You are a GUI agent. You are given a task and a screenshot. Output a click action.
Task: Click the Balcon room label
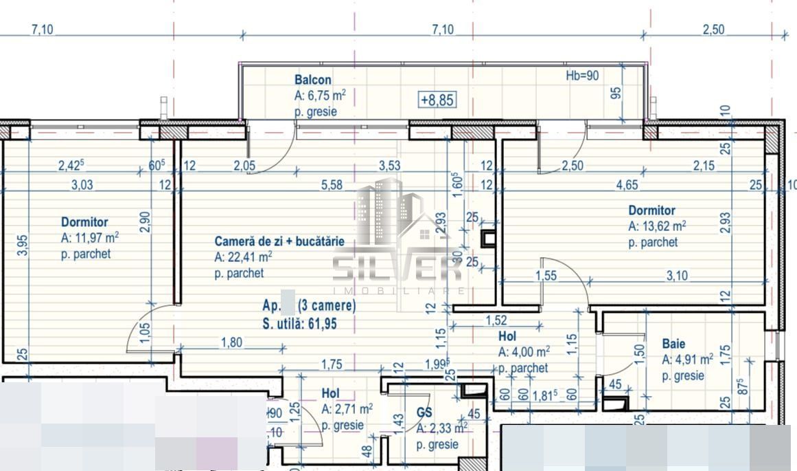click(x=313, y=80)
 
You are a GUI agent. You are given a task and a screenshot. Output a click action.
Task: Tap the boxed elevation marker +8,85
click(x=437, y=100)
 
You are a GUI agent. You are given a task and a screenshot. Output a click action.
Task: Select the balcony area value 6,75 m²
click(x=320, y=96)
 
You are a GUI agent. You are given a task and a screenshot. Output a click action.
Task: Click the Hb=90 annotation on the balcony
click(x=581, y=76)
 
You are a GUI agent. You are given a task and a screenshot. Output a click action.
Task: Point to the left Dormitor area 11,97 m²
click(x=90, y=238)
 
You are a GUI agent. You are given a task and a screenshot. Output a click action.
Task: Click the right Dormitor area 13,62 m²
click(x=658, y=226)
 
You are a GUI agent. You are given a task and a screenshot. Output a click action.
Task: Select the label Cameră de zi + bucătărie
click(x=279, y=241)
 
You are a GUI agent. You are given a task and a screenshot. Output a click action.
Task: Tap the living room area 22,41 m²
click(x=243, y=257)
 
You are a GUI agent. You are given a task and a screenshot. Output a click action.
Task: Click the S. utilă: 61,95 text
click(x=299, y=325)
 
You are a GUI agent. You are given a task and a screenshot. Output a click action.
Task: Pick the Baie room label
click(x=673, y=344)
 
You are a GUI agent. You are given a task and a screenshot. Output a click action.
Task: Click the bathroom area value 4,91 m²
click(x=687, y=360)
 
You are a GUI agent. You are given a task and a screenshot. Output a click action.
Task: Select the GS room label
click(x=424, y=413)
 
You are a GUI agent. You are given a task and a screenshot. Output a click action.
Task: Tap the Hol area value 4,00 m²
click(x=524, y=352)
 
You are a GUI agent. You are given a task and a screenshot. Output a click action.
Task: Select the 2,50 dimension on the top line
click(x=713, y=30)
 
